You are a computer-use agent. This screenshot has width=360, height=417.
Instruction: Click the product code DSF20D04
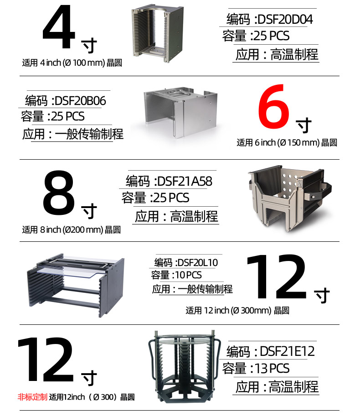tap(285, 20)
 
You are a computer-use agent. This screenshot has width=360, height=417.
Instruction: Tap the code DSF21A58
tap(185, 182)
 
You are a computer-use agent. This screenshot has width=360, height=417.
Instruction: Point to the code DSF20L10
tap(197, 262)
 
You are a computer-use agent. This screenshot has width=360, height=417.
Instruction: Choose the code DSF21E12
tap(287, 351)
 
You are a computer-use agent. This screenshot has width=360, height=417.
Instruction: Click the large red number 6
tap(274, 106)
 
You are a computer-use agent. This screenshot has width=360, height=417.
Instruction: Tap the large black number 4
tap(59, 27)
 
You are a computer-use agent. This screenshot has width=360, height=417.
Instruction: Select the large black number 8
tap(58, 193)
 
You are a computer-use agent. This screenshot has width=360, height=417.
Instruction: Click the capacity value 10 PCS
tap(188, 275)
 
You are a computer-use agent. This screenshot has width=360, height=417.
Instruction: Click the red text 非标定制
tap(32, 397)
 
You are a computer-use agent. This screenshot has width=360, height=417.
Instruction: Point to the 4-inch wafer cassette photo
tap(157, 33)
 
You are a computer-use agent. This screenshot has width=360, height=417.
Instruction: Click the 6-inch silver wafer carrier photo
tap(180, 112)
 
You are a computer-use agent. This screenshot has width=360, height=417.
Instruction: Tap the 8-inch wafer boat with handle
tap(289, 198)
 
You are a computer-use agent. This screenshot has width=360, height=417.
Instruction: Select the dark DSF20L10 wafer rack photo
tap(76, 285)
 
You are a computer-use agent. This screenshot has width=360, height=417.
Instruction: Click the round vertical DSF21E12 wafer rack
tap(185, 366)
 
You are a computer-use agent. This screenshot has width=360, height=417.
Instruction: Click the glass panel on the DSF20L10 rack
tap(69, 271)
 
